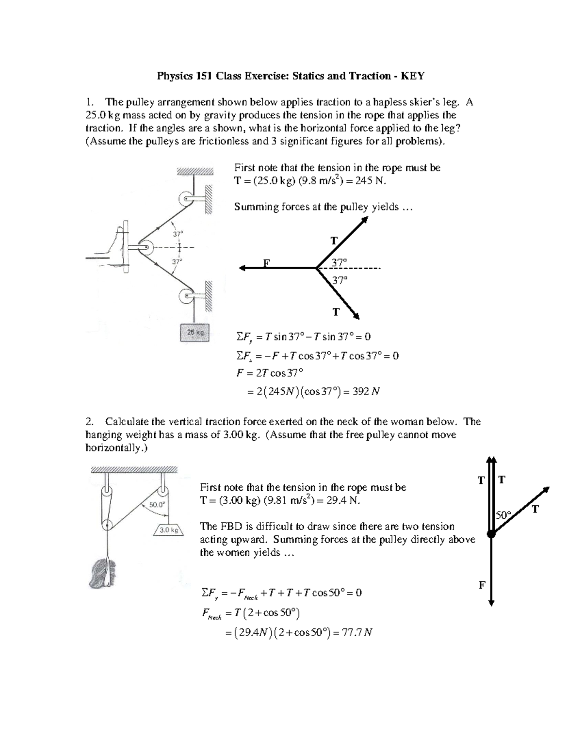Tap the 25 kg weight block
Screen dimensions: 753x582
tap(195, 333)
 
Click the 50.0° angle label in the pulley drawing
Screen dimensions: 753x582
tap(157, 504)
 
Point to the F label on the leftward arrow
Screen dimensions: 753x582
tap(265, 263)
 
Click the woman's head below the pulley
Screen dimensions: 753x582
tap(102, 572)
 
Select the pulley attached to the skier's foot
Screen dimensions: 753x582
tap(144, 248)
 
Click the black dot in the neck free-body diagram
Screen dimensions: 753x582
tap(491, 534)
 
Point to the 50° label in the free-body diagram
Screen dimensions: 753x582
tap(503, 515)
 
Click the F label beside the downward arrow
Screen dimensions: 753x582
tap(482, 585)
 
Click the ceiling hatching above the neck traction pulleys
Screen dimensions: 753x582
tap(134, 469)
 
